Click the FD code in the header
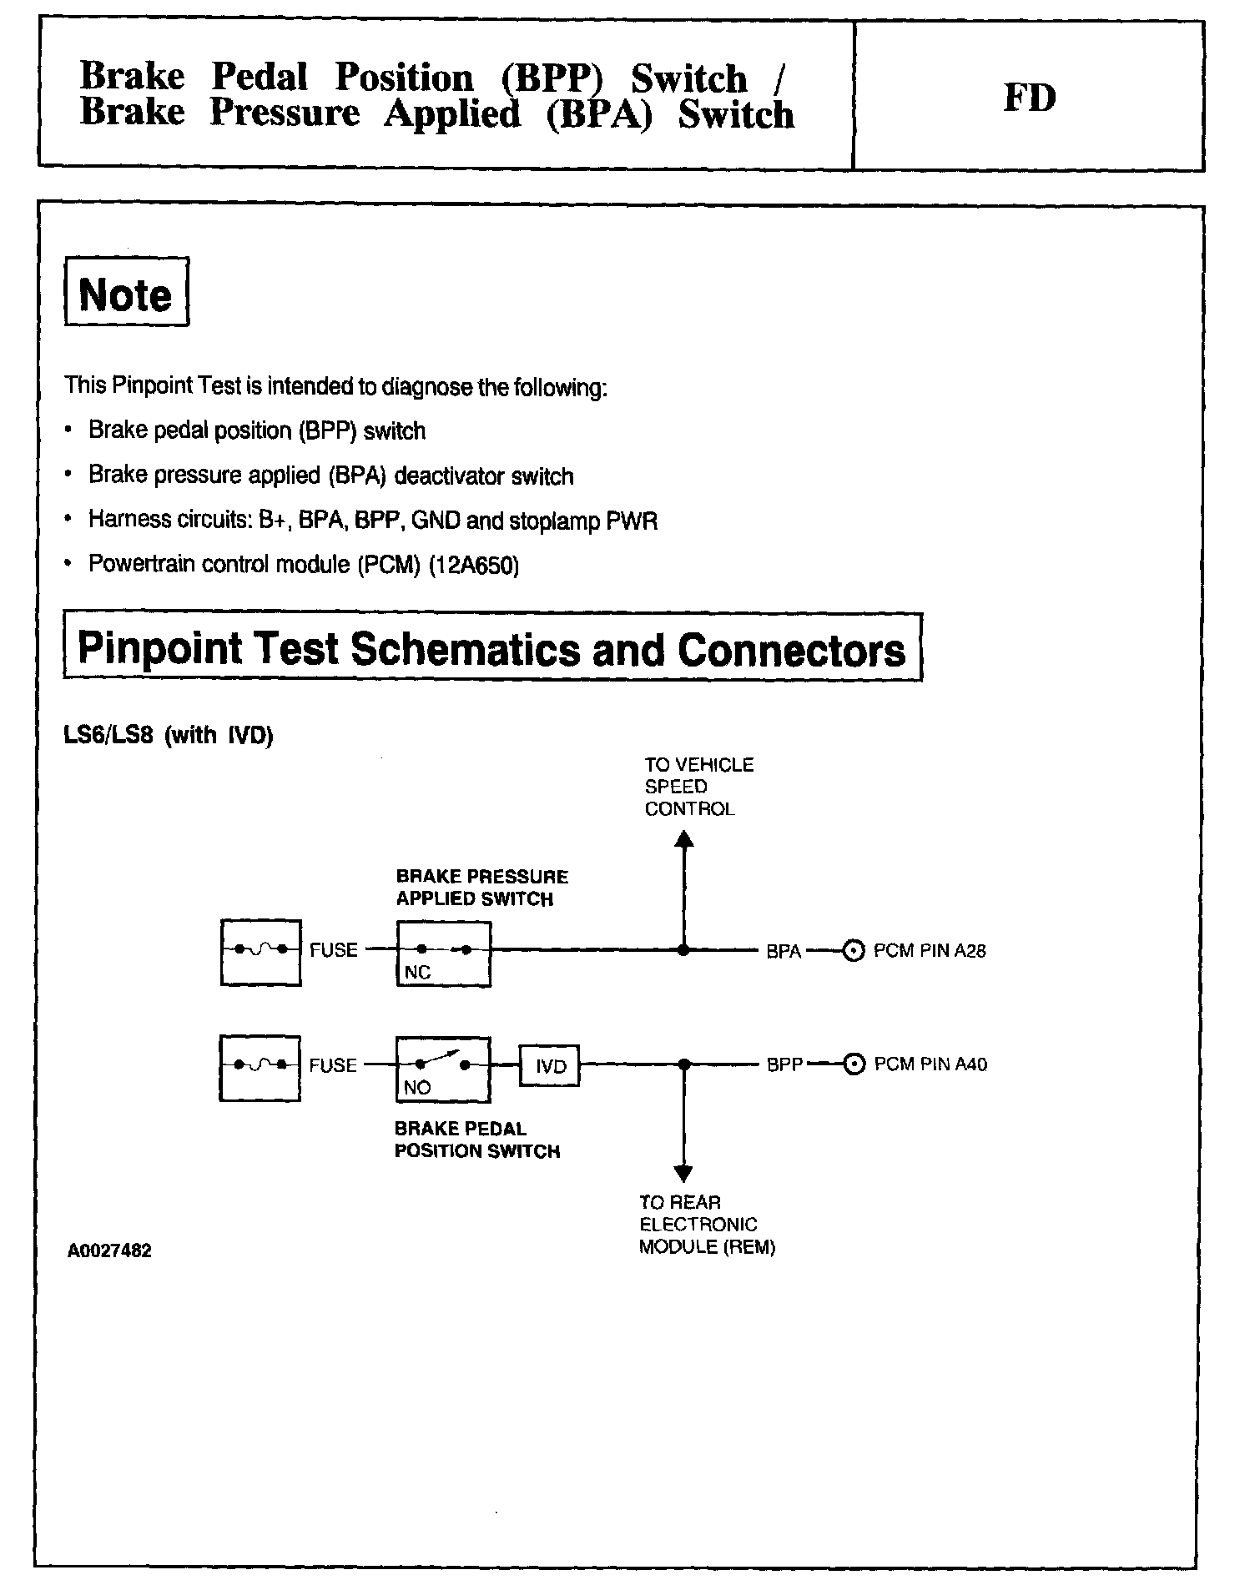pos(1029,98)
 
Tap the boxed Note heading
pos(126,293)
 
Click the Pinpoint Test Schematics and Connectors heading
pos(492,648)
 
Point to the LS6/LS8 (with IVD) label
pos(169,736)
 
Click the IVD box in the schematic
pos(550,1065)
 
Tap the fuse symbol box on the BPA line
pos(260,952)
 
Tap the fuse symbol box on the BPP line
pos(260,1068)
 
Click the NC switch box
pos(443,954)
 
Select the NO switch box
pos(442,1069)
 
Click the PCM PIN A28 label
pos(930,951)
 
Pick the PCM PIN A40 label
pos(930,1064)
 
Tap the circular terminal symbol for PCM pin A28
pos(853,951)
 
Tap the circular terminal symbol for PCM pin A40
pos(854,1065)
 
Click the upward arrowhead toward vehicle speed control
pos(684,838)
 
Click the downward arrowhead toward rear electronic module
pos(683,1173)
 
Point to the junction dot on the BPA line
pos(683,950)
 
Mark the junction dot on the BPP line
pos(684,1064)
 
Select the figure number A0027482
pos(110,1250)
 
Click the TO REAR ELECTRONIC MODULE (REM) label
pos(706,1225)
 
